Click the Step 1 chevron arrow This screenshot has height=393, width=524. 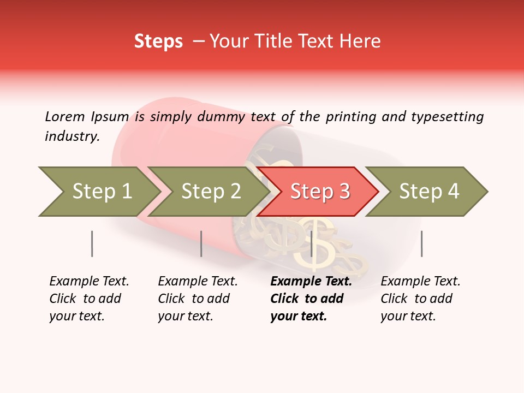coord(98,192)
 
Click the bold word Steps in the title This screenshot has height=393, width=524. coord(158,41)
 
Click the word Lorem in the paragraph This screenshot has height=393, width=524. coord(65,116)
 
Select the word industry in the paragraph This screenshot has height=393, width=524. coord(72,136)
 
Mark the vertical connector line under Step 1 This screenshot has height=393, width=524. coord(92,243)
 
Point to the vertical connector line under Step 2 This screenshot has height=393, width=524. coord(201,243)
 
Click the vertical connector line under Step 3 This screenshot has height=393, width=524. coord(311,243)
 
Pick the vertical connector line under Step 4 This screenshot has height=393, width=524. coord(421,243)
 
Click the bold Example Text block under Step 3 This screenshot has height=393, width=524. coord(311,299)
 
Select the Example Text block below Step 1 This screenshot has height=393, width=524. coord(89,299)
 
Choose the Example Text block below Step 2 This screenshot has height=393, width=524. coord(198,299)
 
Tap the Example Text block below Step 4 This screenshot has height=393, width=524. coord(420,299)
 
